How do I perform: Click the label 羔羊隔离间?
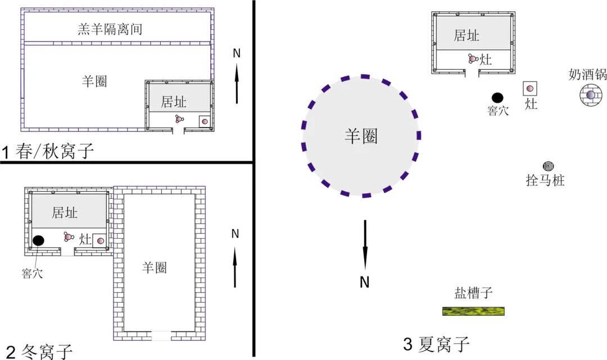pos(110,29)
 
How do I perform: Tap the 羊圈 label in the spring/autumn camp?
pos(94,81)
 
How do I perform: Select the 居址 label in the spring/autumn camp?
pos(173,102)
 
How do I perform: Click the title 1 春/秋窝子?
pos(47,152)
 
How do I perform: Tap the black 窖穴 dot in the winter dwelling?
pos(38,241)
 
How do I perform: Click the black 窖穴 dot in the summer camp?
pos(497,98)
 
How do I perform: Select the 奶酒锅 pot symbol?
pos(590,95)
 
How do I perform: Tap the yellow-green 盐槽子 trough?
pos(473,311)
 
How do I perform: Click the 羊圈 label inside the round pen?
pos(361,136)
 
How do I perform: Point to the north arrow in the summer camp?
pos(365,244)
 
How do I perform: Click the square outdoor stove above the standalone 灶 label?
pos(530,88)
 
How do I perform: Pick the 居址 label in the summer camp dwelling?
pos(466,35)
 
